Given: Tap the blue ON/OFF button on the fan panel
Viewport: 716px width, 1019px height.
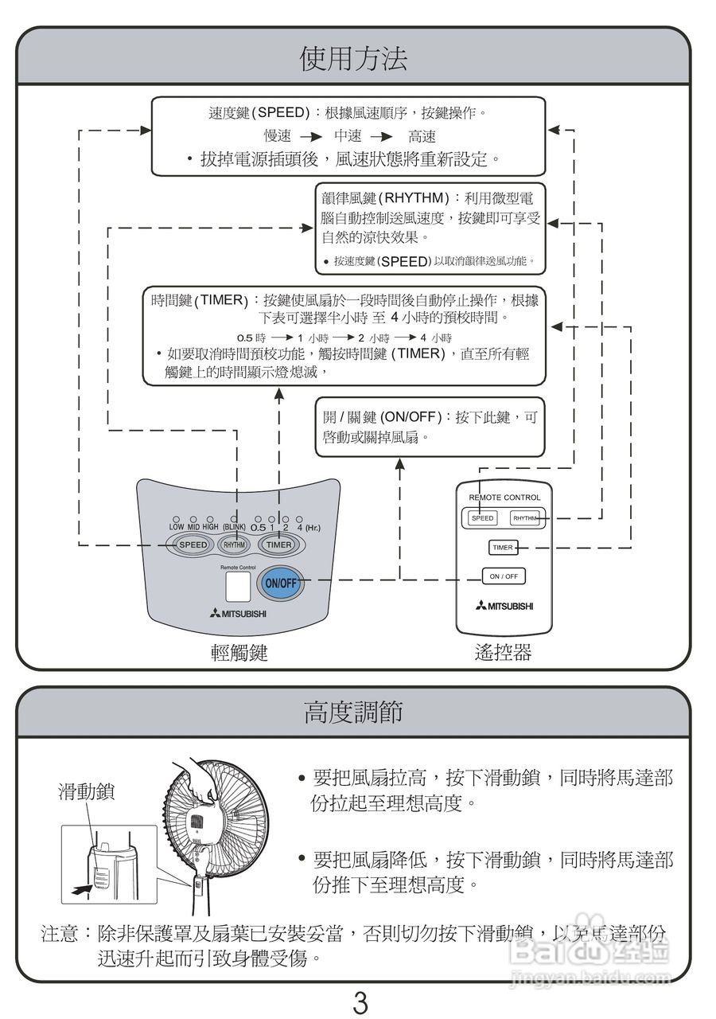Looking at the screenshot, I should click(x=280, y=582).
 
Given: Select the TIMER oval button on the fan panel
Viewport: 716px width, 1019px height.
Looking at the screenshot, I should click(x=278, y=545).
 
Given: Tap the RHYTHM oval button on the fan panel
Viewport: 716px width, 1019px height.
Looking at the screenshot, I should click(x=234, y=545).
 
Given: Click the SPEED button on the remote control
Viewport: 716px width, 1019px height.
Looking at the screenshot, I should click(x=482, y=518).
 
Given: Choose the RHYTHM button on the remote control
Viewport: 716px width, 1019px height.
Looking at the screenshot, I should click(x=524, y=518).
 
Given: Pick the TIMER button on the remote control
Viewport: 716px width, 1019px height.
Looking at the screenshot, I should click(x=502, y=548).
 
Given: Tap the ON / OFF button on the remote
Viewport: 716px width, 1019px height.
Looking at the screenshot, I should click(x=503, y=576).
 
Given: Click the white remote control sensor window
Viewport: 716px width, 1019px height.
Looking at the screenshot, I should click(x=237, y=587).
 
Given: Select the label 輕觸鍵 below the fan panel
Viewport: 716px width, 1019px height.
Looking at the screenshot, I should click(x=239, y=654).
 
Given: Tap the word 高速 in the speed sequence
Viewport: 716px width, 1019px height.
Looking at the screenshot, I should click(x=422, y=136).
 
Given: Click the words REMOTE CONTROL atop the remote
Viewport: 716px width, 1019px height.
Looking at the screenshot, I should click(x=504, y=497).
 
